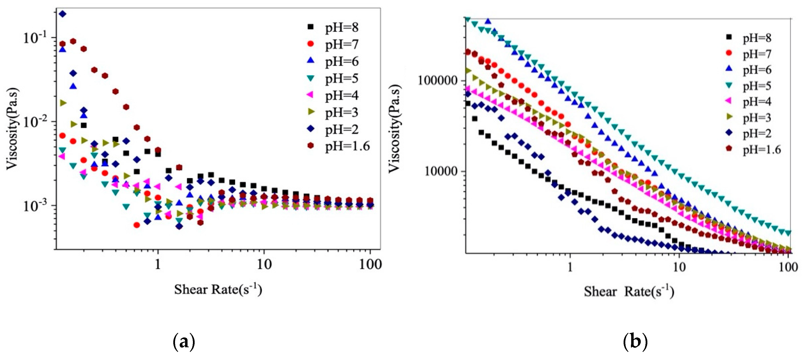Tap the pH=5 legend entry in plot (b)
point(751,86)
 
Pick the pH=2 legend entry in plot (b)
point(751,134)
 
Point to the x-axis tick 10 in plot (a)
point(264,264)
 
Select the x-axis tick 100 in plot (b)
point(788,267)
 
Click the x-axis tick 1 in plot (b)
point(570,267)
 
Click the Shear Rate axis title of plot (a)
point(218,289)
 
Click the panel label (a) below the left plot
point(184,342)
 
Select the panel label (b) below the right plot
point(635,342)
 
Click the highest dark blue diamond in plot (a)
point(63,14)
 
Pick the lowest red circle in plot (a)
point(136,225)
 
